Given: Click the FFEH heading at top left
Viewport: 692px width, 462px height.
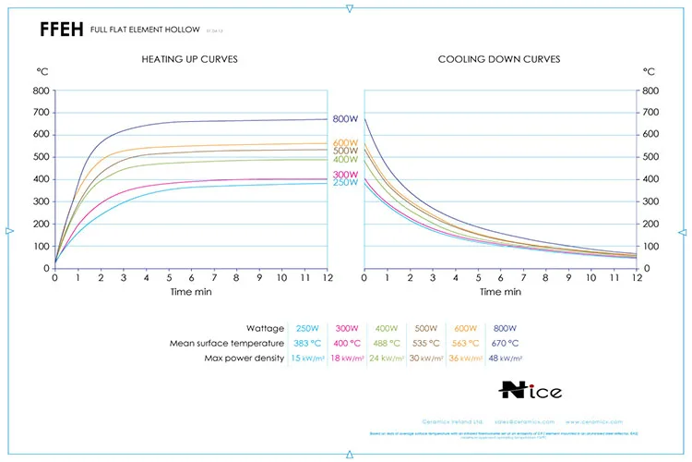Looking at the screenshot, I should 62,29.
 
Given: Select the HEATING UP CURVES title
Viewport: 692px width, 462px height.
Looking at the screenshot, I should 189,59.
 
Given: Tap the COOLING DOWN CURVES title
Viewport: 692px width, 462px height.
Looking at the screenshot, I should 498,59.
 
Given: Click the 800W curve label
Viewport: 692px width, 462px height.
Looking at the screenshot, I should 345,119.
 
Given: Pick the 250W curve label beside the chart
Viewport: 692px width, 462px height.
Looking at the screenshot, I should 345,183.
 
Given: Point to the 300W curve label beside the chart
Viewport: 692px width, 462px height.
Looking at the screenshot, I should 345,174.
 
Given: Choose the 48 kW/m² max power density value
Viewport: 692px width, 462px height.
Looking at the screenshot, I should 506,358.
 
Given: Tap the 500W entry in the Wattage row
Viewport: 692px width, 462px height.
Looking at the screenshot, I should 425,328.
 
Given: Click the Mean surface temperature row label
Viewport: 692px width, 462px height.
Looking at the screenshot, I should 227,343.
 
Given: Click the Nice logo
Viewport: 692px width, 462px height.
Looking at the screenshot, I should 529,390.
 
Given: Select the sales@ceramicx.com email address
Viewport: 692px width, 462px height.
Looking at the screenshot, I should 529,420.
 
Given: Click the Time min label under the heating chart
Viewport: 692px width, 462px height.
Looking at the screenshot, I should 190,291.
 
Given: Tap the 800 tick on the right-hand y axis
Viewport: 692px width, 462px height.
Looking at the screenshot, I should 650,91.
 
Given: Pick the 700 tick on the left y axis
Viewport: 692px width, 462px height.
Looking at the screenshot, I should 42,113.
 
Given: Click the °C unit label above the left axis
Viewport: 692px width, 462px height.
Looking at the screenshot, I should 42,70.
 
